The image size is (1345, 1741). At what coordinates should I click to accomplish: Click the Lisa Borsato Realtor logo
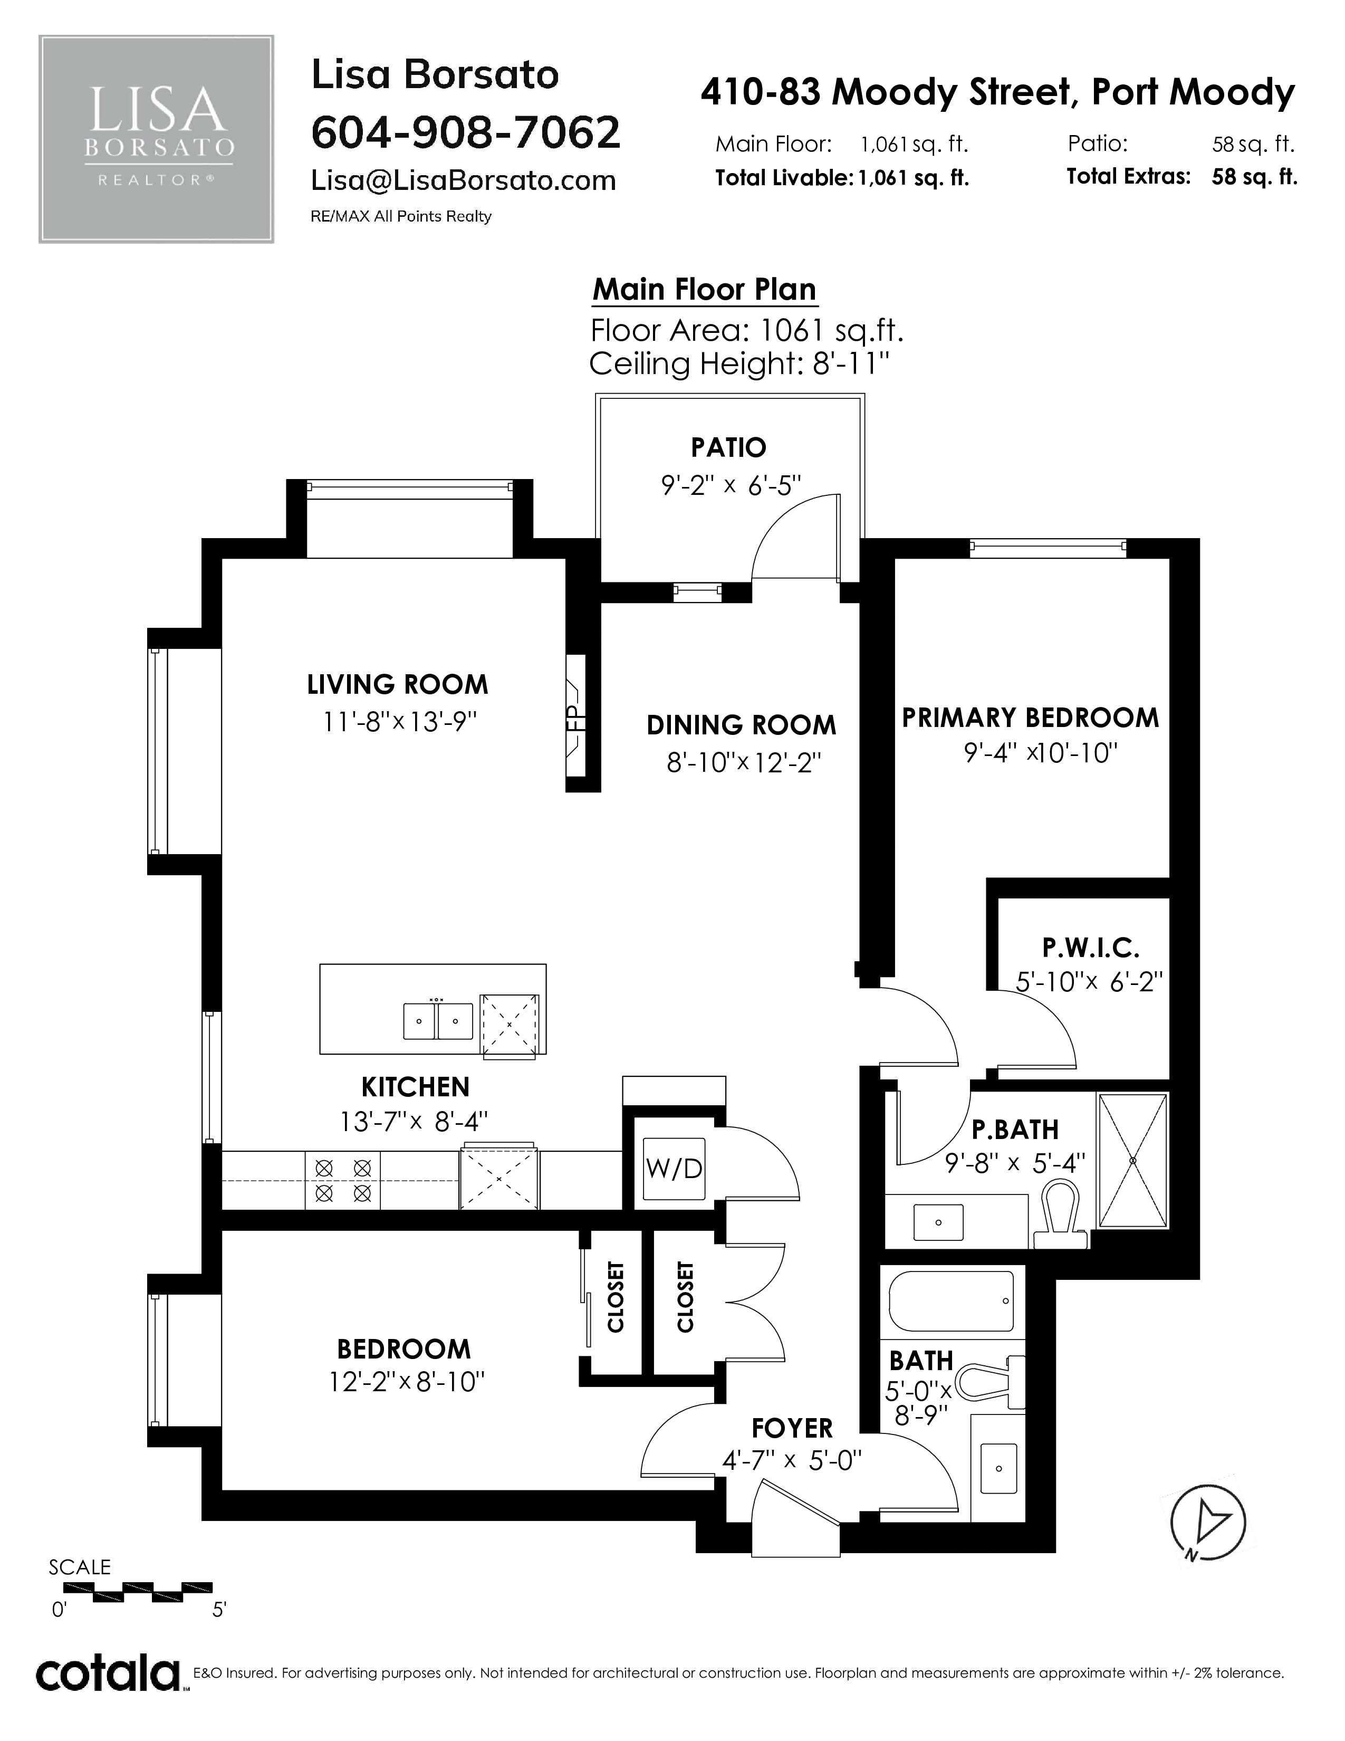(156, 139)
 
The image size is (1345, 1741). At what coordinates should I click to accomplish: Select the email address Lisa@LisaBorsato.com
(464, 181)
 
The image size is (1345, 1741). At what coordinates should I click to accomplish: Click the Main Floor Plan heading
(704, 289)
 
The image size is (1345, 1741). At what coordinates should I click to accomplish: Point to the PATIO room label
(728, 447)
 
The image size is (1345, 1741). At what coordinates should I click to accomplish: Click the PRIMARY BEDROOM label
(1030, 718)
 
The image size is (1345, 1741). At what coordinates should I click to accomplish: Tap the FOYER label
(792, 1427)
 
